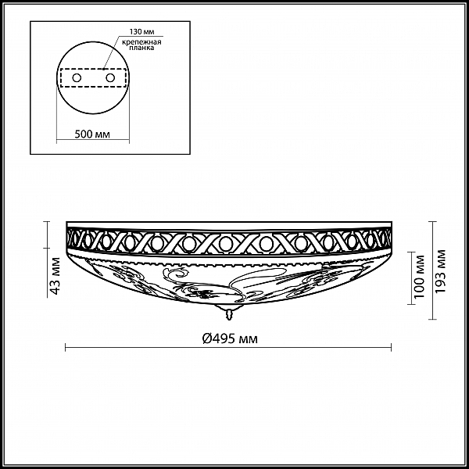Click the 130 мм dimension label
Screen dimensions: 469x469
coord(141,32)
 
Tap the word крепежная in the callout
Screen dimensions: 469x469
coord(141,42)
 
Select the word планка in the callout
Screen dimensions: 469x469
coord(141,48)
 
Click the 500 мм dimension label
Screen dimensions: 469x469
coord(92,134)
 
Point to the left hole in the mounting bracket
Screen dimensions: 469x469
coord(77,77)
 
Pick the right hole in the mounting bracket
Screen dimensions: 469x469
coord(110,77)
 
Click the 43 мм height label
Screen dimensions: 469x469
coord(55,275)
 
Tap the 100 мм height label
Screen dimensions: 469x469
coord(420,277)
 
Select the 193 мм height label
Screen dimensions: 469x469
coord(441,271)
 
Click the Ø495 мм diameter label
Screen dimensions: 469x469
coord(230,338)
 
